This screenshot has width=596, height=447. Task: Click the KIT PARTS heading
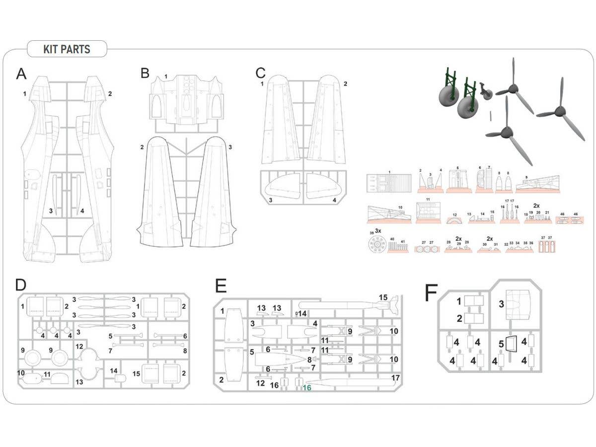coord(67,49)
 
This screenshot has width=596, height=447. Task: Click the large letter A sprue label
coord(21,74)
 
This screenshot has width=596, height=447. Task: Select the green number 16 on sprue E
coord(306,388)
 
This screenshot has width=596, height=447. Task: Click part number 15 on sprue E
coord(383,298)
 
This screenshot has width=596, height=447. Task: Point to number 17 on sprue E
coord(395,377)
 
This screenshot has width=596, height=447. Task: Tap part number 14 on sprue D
coord(114,371)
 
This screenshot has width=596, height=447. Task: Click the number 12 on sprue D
coord(79,345)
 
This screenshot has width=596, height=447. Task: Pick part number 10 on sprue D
coord(21,372)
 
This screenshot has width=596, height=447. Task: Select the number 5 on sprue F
coord(502,343)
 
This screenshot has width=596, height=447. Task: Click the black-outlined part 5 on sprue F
coord(512,343)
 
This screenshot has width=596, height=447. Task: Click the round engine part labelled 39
coord(378,245)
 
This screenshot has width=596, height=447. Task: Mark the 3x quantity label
coord(378,231)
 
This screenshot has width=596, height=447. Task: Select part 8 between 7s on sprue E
coord(310,359)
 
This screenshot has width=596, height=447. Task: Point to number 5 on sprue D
coord(111,336)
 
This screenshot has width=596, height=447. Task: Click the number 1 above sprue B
coord(166,76)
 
